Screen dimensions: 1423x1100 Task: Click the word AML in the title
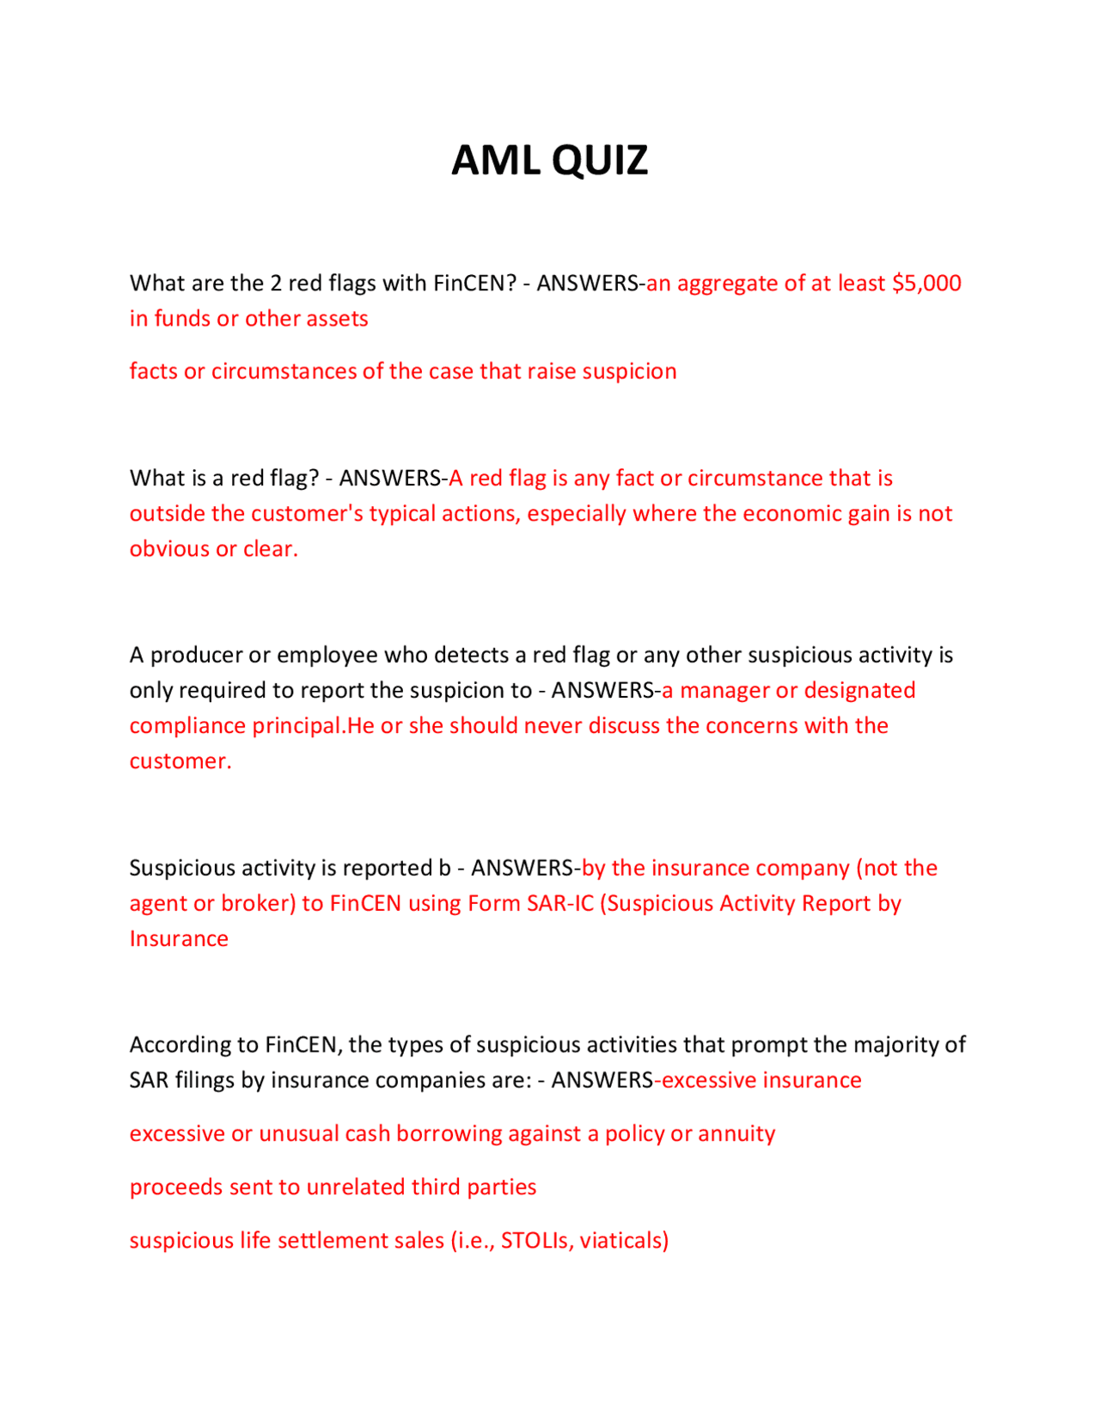pyautogui.click(x=496, y=161)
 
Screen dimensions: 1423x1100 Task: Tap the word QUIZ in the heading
pyautogui.click(x=600, y=161)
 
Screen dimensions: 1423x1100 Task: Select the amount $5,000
pyautogui.click(x=926, y=284)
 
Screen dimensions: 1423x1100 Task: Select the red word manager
pyautogui.click(x=724, y=691)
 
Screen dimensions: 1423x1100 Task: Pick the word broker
pyautogui.click(x=258, y=904)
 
